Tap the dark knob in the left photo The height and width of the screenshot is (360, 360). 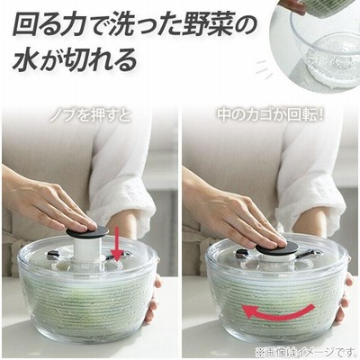(x=87, y=231)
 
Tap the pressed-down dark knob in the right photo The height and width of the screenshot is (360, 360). (x=277, y=248)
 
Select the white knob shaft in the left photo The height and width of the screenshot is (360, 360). (x=85, y=250)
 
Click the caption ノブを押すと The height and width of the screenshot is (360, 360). (x=90, y=116)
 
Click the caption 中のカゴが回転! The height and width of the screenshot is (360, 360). (x=270, y=115)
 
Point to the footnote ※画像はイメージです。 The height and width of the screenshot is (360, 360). (x=305, y=350)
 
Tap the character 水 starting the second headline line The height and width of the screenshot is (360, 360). (x=25, y=61)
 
